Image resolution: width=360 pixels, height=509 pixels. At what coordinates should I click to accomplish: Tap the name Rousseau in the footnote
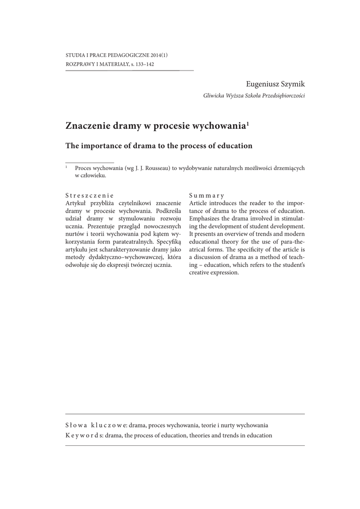pyautogui.click(x=154, y=168)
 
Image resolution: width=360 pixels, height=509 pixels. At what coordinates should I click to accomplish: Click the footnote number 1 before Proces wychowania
pyautogui.click(x=67, y=167)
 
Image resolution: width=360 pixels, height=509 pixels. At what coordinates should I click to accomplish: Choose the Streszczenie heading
pyautogui.click(x=90, y=196)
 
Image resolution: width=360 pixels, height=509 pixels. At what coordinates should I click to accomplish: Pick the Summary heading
pyautogui.click(x=207, y=196)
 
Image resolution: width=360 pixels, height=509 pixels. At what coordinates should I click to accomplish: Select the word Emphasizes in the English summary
pyautogui.click(x=206, y=219)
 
